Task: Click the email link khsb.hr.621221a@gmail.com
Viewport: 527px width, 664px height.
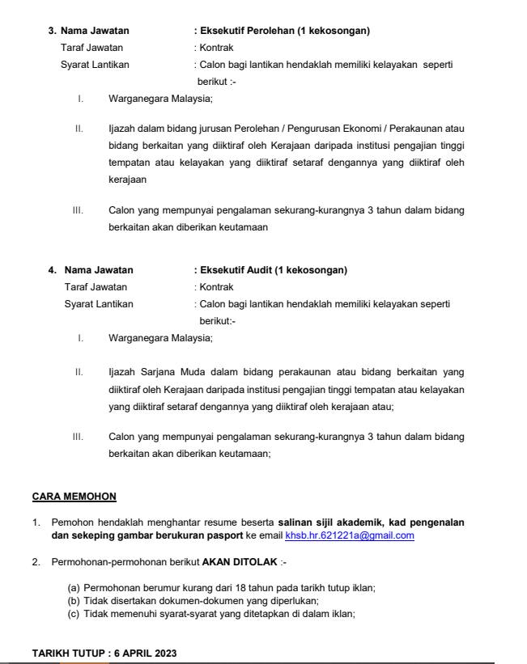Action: (350, 535)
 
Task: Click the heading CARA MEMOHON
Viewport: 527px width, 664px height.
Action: (74, 496)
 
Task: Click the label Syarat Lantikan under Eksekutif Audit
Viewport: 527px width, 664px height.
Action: (99, 304)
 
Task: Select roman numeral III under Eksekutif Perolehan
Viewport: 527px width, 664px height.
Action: (79, 211)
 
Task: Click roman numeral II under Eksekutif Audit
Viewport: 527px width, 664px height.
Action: (79, 372)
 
